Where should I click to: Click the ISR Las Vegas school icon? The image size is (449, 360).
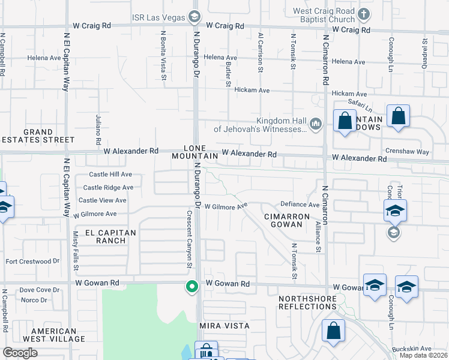[x=194, y=17]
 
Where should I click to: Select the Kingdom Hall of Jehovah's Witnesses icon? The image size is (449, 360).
[x=316, y=124]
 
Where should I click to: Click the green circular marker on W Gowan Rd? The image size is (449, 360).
[x=192, y=287]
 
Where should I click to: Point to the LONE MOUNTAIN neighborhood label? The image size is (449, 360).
[x=194, y=152]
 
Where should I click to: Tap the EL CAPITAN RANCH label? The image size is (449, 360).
[x=110, y=236]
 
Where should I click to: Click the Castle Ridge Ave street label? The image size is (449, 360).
[x=108, y=187]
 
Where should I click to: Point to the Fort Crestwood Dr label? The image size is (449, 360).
[x=32, y=261]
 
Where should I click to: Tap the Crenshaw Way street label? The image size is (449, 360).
[x=408, y=152]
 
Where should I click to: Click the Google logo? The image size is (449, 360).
[x=20, y=353]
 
